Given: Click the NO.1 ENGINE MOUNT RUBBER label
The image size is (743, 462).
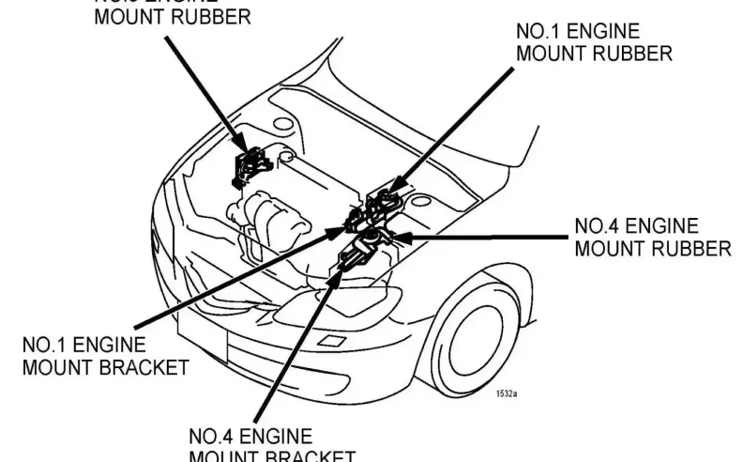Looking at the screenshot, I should (593, 41).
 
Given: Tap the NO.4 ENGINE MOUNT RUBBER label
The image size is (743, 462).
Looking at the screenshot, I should (651, 238).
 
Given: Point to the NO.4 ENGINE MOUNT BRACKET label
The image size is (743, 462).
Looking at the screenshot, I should (272, 445).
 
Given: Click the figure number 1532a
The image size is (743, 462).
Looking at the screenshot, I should (508, 395).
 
